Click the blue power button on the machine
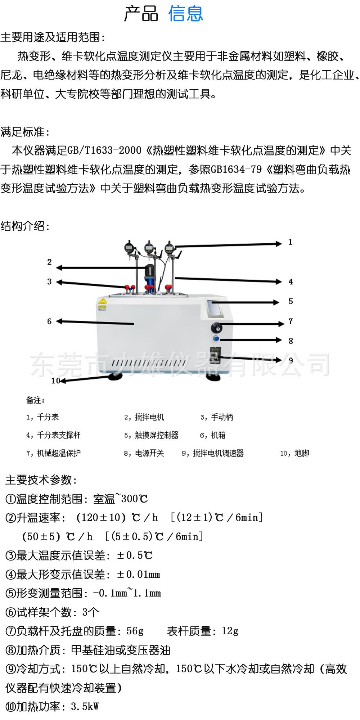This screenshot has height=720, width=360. [216, 339]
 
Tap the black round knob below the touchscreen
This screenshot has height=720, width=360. [217, 328]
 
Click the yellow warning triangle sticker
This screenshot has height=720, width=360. [103, 301]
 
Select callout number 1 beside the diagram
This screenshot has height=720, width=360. [291, 242]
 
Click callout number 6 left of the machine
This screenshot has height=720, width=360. [49, 321]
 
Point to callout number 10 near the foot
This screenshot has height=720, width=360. [55, 381]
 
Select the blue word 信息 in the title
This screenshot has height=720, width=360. [186, 13]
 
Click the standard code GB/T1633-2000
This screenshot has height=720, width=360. [104, 150]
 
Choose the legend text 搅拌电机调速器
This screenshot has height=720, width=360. [218, 453]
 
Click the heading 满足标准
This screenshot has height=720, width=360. [25, 132]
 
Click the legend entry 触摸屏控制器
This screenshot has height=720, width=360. [157, 435]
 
